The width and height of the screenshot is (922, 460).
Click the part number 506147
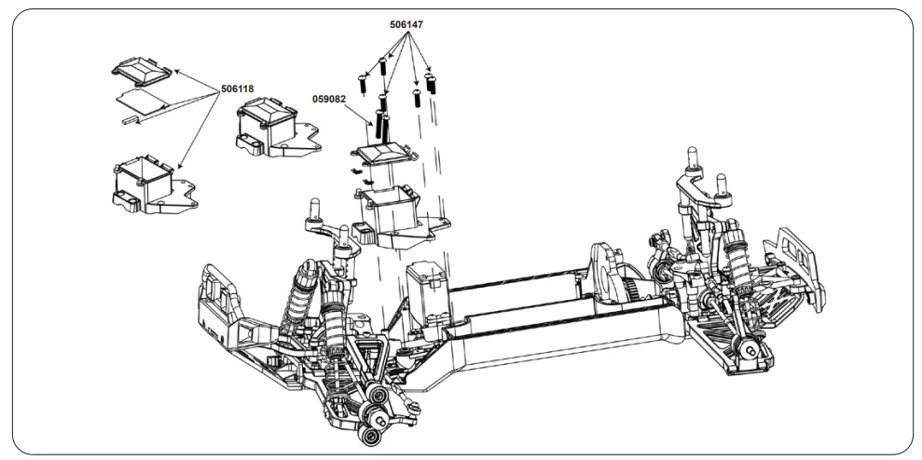[x=406, y=26]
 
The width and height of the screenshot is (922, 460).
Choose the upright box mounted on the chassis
[x=428, y=288]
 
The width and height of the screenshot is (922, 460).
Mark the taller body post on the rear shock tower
[x=692, y=157]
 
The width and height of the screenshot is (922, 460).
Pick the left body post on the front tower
[x=312, y=207]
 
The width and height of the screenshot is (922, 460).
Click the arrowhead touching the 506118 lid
[x=174, y=71]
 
